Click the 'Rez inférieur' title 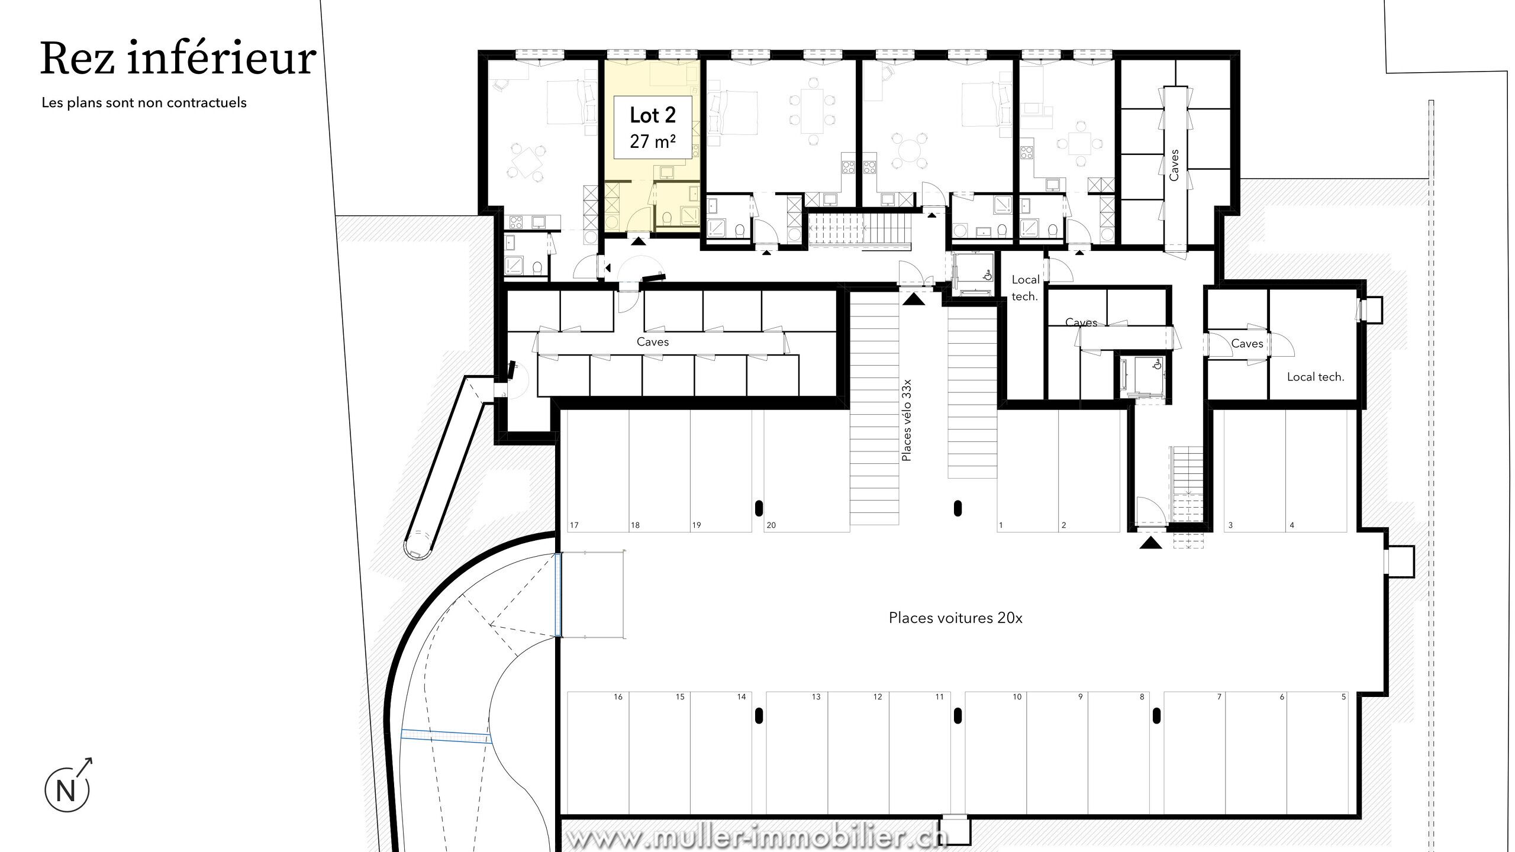point(178,59)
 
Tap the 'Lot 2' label point(653,115)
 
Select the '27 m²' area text point(653,141)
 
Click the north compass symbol point(68,786)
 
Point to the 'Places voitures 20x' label point(956,618)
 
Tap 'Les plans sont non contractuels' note point(144,102)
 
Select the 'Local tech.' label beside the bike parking point(1025,288)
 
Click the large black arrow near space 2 point(1151,543)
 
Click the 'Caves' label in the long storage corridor point(653,342)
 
